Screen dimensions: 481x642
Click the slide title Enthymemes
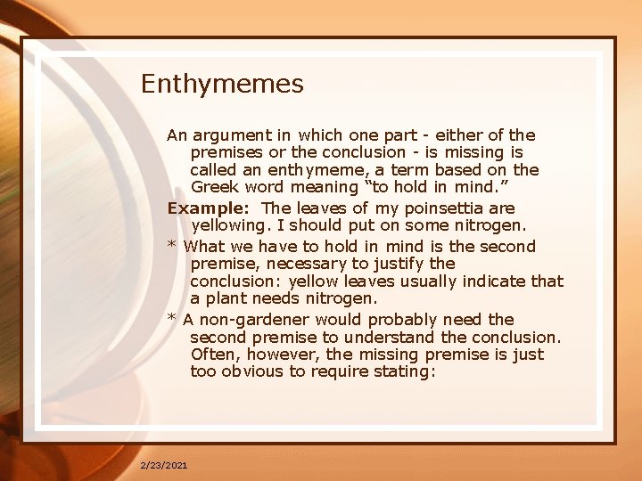(222, 85)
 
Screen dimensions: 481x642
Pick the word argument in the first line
(232, 135)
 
